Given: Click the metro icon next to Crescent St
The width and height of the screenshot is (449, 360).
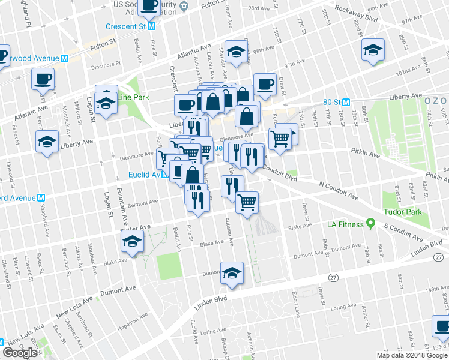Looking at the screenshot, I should coord(152,26).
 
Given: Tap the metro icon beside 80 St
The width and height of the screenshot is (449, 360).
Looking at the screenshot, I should coord(346,102).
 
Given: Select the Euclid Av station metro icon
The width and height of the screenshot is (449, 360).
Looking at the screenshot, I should coord(164,175).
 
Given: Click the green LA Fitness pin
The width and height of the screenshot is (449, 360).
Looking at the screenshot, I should coord(371,224).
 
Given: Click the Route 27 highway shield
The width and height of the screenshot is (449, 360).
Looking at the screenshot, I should coord(333,278).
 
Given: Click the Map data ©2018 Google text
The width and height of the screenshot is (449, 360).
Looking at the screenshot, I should coord(412,355).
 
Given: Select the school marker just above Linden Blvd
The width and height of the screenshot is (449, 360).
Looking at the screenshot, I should coord(232,273).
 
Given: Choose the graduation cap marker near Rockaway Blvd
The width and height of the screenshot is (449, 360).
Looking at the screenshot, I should coord(373,50).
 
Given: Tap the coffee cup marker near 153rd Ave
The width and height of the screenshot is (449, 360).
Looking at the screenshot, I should coord(443,326).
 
